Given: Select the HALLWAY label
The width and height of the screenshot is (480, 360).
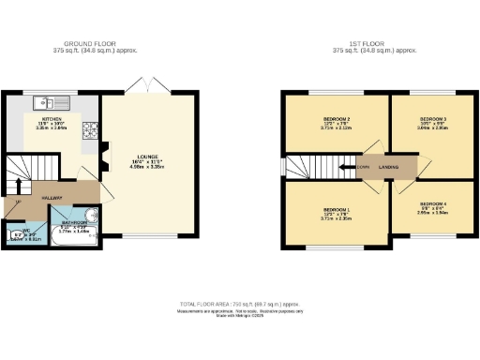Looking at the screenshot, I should coord(52,198).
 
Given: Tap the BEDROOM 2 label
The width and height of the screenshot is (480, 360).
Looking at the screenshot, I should coord(336,120).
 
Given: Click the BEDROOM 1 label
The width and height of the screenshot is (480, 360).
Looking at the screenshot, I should coord(336,208).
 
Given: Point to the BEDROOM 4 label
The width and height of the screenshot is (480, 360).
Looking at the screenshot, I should coord(433,203).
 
